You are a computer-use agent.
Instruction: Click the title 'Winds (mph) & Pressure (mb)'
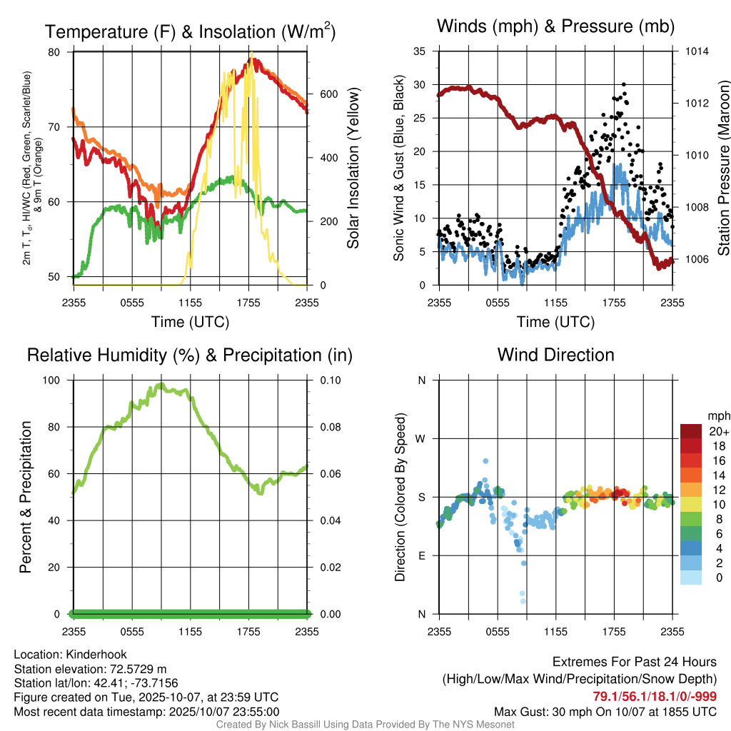(555, 27)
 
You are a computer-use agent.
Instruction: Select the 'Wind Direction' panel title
(555, 355)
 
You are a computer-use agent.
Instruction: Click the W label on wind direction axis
(422, 438)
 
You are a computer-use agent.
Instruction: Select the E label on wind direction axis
(422, 555)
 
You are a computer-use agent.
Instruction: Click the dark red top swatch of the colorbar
(690, 430)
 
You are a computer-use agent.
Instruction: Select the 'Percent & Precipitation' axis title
(26, 497)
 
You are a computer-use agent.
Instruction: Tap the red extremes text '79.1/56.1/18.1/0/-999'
(655, 696)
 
